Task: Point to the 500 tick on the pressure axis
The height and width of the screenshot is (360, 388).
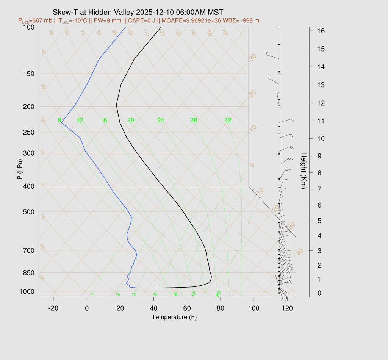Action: (x=28, y=212)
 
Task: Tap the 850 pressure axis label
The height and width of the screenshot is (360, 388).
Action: (x=28, y=273)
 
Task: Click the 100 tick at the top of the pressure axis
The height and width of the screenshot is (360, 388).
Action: (x=28, y=27)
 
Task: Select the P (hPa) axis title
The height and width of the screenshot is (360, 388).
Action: (x=19, y=169)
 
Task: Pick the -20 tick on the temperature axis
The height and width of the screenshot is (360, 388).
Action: (x=53, y=308)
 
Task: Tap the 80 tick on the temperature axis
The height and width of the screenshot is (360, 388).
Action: (x=221, y=308)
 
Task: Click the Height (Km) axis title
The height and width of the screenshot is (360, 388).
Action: (x=303, y=171)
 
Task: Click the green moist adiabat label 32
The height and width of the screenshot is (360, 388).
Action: (x=228, y=121)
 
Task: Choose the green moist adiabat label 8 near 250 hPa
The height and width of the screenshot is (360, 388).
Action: (x=59, y=121)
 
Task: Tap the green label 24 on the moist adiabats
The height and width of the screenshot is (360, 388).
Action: (x=161, y=121)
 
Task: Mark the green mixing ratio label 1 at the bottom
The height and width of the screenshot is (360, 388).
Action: (x=92, y=294)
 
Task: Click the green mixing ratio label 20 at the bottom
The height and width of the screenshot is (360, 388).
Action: (x=218, y=294)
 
